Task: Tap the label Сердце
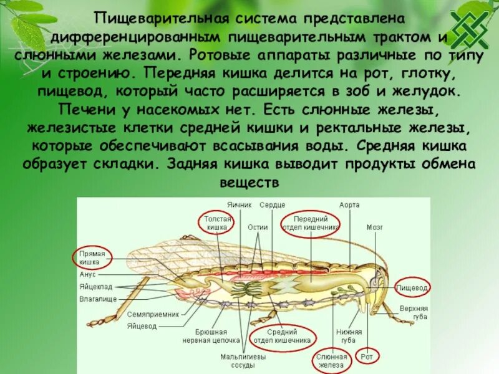(x=273, y=204)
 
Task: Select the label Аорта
(x=349, y=204)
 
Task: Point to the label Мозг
(x=375, y=228)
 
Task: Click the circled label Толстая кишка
(x=218, y=223)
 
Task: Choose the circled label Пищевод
(x=414, y=288)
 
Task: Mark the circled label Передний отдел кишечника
(x=310, y=223)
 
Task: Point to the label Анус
(x=87, y=274)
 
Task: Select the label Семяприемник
(x=153, y=314)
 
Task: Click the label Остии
(x=258, y=228)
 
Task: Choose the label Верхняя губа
(x=414, y=312)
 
